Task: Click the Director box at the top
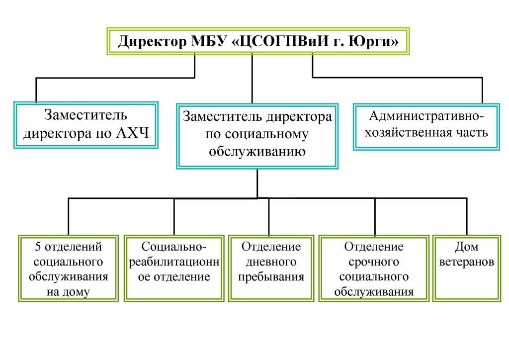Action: (258, 41)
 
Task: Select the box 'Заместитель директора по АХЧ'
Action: (86, 125)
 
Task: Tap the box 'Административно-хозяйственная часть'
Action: (426, 127)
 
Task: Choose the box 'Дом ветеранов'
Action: (467, 269)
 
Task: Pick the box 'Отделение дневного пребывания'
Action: (271, 269)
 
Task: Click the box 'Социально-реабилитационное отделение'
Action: (174, 269)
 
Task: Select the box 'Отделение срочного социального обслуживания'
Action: (374, 269)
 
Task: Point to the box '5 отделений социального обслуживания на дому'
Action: (68, 269)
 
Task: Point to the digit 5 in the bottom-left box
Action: (38, 247)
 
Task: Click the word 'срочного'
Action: (374, 262)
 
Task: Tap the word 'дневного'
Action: (271, 262)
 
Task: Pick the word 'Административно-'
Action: (426, 116)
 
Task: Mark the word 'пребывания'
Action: (271, 277)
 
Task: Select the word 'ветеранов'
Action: (467, 262)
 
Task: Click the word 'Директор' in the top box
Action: (152, 42)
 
